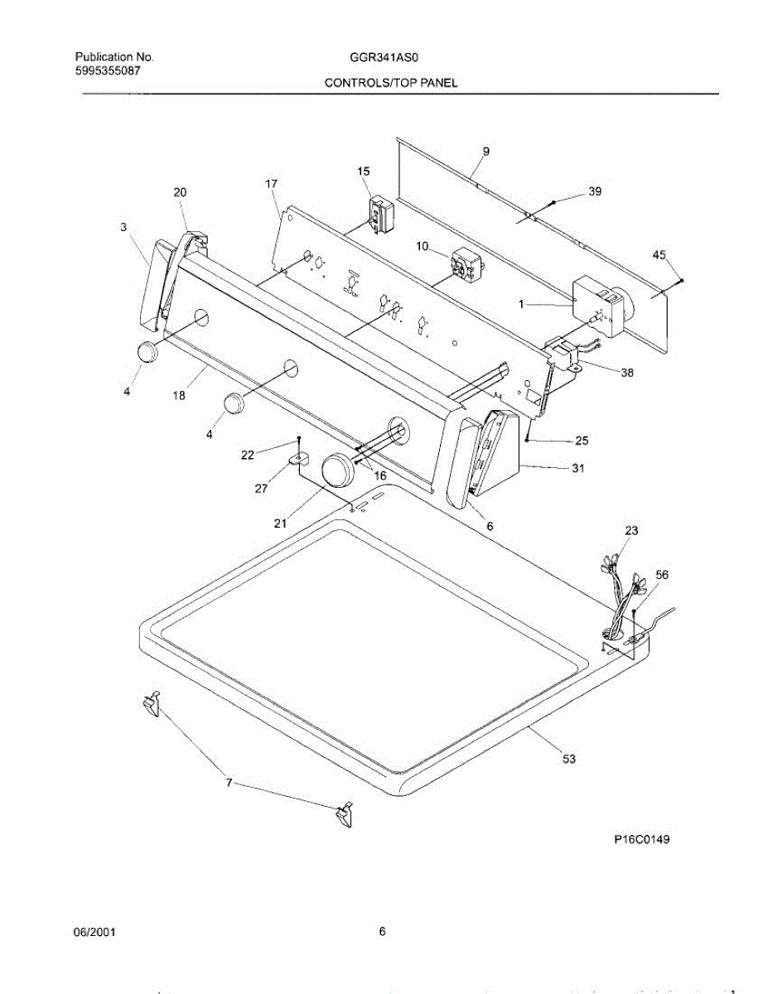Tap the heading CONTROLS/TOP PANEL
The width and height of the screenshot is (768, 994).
390,83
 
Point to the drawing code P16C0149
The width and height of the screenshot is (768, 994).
641,839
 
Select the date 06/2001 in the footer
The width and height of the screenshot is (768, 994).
95,932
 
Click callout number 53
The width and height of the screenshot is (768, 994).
568,758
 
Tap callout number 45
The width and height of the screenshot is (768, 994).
659,255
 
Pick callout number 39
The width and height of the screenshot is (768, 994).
595,191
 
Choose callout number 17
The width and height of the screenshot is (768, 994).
271,183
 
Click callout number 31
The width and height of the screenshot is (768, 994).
577,469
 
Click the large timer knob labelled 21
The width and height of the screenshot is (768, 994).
336,471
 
